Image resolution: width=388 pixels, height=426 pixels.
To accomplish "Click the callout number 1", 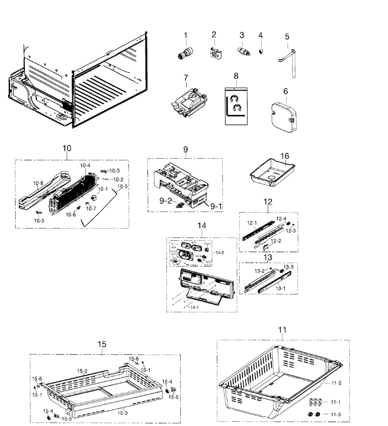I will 185,35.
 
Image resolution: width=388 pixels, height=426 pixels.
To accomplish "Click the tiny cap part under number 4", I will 261,51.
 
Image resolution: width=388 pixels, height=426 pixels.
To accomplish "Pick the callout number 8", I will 236,75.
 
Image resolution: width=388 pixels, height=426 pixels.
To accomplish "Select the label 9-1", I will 216,207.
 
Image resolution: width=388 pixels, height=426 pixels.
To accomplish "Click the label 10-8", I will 38,183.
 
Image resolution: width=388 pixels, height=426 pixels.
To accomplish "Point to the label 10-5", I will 123,186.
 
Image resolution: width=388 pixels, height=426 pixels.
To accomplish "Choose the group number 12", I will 268,201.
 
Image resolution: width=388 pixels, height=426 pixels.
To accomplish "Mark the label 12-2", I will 276,241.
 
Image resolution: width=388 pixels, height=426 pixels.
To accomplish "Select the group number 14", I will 202,225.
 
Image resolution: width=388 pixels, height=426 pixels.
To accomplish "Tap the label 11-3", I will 336,414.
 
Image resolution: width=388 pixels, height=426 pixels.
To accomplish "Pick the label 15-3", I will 123,413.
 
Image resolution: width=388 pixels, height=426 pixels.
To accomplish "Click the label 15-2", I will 82,371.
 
